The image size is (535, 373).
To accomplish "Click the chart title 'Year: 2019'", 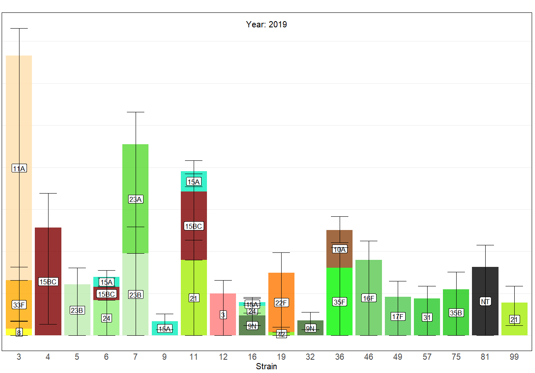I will coord(266,24).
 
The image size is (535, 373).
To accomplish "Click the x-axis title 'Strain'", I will coord(266,366).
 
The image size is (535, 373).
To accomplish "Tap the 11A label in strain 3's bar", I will coord(19,168).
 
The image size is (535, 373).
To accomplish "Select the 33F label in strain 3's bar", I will coord(19,305).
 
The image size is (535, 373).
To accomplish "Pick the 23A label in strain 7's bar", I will coord(136,199).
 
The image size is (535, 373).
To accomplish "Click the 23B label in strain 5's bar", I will coord(77,310).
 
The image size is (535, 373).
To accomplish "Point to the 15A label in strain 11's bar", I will coord(194,182).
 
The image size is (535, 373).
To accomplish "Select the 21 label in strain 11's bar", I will coord(194,298).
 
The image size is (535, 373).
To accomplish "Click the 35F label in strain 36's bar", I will coord(340,302).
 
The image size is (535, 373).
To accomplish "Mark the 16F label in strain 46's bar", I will coord(369,298).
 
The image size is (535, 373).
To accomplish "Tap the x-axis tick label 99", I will coord(514,356).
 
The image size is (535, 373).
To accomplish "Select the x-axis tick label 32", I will coord(310,356).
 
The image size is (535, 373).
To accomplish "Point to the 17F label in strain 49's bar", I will coord(398,317).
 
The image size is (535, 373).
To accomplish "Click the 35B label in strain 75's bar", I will coord(456,313).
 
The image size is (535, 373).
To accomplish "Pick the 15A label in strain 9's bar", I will coord(165,329).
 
